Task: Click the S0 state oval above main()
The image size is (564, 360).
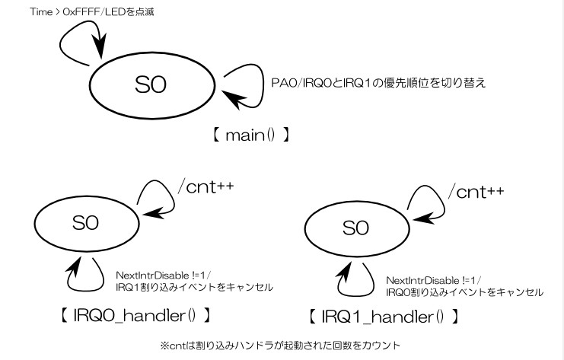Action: (153, 84)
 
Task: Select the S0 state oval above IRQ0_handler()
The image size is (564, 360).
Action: (85, 221)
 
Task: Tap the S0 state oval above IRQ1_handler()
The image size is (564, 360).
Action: (355, 227)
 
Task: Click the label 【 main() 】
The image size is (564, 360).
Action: (251, 136)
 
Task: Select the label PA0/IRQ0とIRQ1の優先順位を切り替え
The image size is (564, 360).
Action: (379, 82)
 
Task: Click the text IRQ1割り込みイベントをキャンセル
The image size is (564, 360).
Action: (194, 287)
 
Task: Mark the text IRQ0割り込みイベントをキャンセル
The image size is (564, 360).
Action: (464, 292)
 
